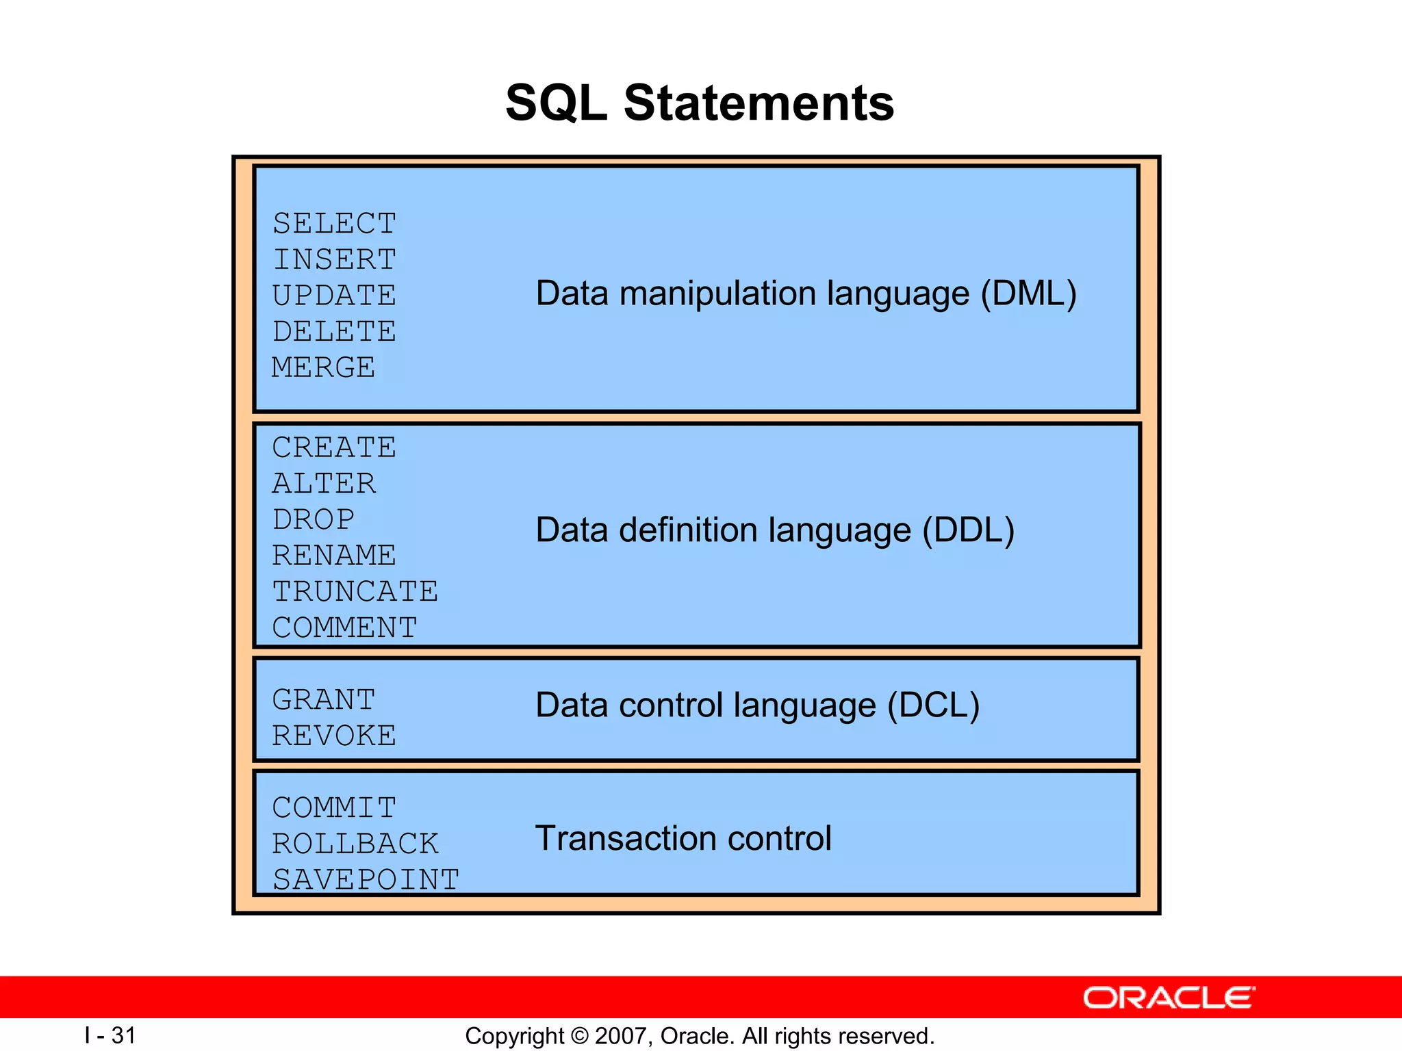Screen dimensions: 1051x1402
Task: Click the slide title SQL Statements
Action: tap(700, 103)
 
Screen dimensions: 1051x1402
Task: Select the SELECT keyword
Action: tap(334, 224)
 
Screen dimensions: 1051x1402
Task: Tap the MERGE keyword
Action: tap(323, 367)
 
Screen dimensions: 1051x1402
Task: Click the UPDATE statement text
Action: tap(334, 296)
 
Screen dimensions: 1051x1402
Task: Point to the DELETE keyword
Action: tap(334, 332)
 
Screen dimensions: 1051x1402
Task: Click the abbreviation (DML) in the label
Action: tap(1028, 294)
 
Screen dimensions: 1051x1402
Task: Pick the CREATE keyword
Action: tap(334, 447)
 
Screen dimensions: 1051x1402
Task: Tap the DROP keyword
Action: tap(314, 519)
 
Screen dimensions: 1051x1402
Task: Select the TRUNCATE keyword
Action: tap(355, 591)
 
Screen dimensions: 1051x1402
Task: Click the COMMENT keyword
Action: tap(344, 627)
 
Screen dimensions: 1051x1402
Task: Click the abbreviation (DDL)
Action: tap(968, 530)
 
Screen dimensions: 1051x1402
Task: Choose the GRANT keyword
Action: tap(323, 700)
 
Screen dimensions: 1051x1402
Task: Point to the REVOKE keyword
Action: tap(334, 736)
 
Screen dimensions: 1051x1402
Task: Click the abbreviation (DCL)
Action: tap(933, 705)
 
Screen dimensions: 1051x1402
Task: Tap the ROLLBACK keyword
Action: tap(355, 844)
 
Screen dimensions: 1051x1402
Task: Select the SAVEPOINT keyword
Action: tap(366, 880)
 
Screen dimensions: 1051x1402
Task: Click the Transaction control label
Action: tap(683, 838)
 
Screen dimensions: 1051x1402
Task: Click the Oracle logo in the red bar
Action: tap(1169, 998)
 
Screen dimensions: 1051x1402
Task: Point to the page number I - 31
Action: tap(110, 1035)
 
